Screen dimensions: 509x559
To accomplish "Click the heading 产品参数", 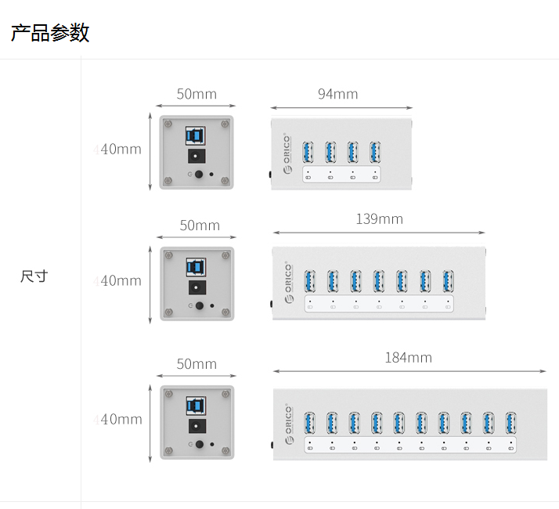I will [50, 33].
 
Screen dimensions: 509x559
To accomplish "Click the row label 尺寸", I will [34, 276].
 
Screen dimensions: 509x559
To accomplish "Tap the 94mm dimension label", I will [337, 94].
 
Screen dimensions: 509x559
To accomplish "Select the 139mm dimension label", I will [379, 219].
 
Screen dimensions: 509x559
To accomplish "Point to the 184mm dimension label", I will [408, 358].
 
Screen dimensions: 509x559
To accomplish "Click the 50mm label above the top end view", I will [196, 94].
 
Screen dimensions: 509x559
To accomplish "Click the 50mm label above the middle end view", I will [200, 226].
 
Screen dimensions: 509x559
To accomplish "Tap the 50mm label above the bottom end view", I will [196, 364].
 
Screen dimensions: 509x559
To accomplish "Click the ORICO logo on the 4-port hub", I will [287, 153].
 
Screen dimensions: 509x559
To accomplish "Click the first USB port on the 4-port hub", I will [308, 151].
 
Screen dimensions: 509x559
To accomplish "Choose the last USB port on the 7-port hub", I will [448, 280].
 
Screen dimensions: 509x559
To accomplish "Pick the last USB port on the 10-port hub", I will [511, 422].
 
